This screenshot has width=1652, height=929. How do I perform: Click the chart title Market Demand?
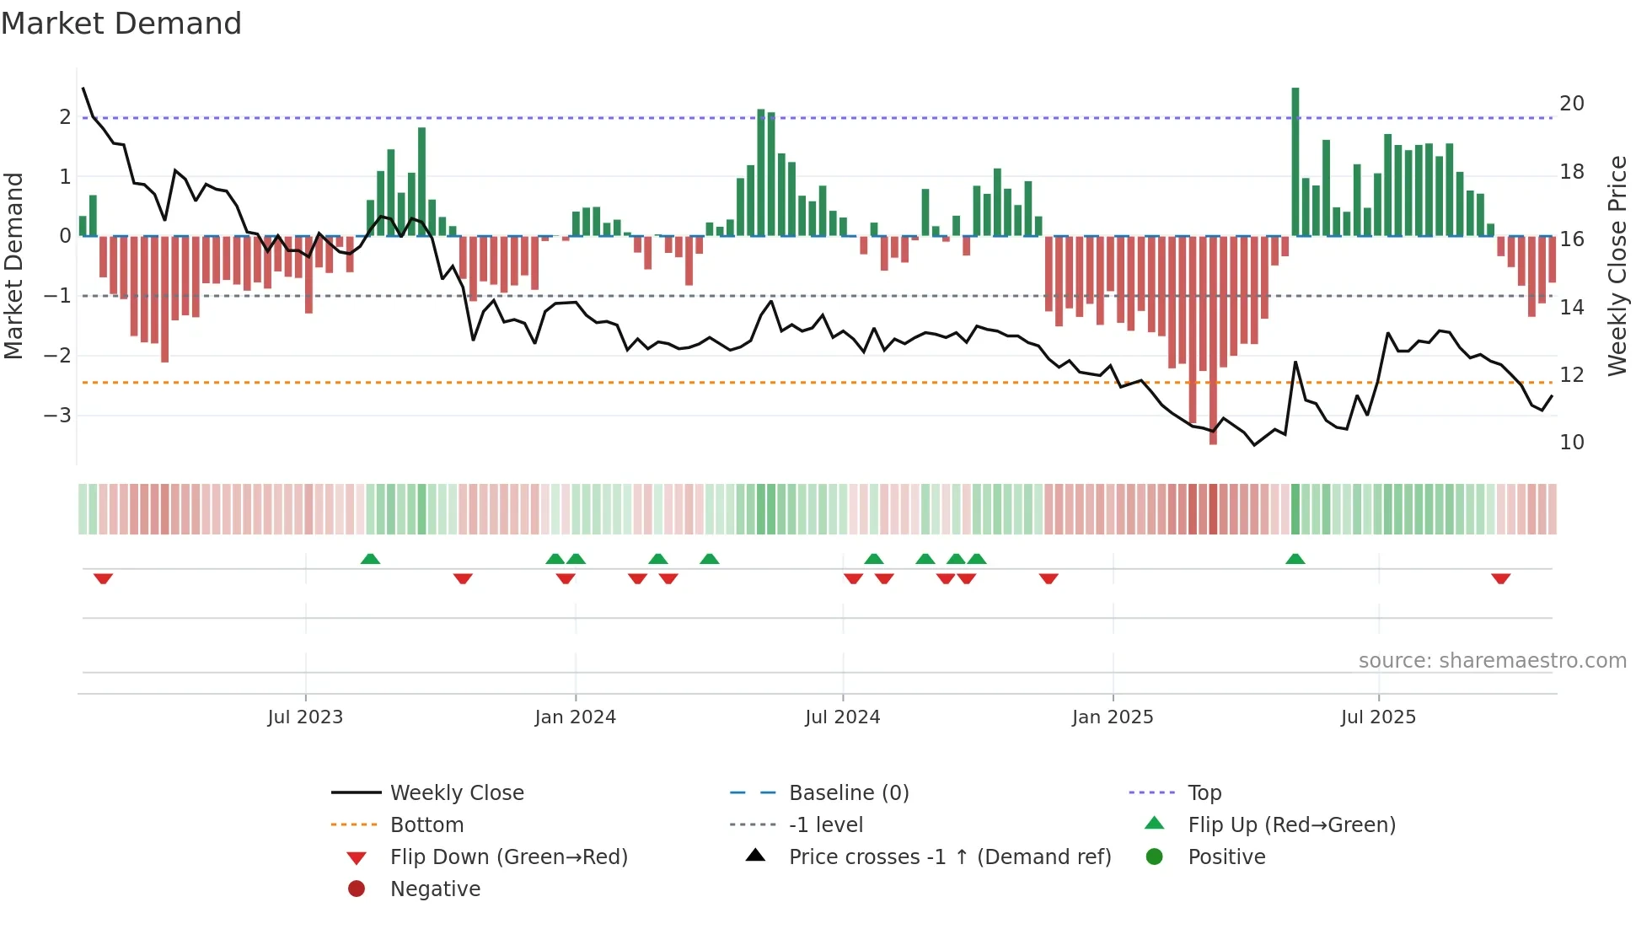[x=121, y=24]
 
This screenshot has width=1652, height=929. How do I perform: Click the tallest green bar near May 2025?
[x=1295, y=160]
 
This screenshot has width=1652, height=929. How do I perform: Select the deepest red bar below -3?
[x=1213, y=337]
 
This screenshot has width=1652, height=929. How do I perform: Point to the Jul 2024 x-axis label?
[x=842, y=717]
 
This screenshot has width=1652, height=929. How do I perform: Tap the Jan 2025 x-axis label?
[x=1112, y=717]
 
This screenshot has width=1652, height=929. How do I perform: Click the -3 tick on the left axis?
[x=58, y=416]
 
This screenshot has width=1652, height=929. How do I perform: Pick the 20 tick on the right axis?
[x=1571, y=104]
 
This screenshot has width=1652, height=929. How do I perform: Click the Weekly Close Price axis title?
[x=1617, y=266]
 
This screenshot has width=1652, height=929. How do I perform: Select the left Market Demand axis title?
[x=13, y=266]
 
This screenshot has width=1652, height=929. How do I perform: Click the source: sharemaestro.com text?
[x=1492, y=661]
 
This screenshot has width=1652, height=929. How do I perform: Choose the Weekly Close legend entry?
[x=456, y=793]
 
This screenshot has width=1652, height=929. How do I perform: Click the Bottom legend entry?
[x=426, y=825]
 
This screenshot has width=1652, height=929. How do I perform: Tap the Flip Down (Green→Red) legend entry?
[x=508, y=857]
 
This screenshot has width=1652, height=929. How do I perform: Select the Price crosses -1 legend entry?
[x=949, y=857]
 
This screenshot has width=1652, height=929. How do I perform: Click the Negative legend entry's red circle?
[x=357, y=889]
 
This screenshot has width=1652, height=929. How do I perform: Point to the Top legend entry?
[x=1204, y=793]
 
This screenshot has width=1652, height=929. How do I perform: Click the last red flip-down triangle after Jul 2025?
[x=1500, y=578]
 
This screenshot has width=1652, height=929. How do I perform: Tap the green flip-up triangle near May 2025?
[x=1295, y=559]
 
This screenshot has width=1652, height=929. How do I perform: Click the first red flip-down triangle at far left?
[x=103, y=578]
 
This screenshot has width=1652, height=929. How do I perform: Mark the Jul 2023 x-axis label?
[x=305, y=717]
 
